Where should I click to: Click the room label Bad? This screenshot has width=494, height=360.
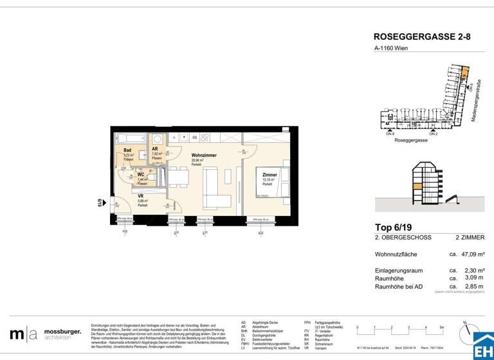coord(127,150)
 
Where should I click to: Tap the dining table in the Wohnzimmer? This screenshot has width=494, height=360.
coord(179,175)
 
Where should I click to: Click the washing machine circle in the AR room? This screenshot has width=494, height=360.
coord(157,139)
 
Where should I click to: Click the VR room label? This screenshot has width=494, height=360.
coord(140,197)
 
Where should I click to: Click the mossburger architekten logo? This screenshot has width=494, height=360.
coord(45,334)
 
